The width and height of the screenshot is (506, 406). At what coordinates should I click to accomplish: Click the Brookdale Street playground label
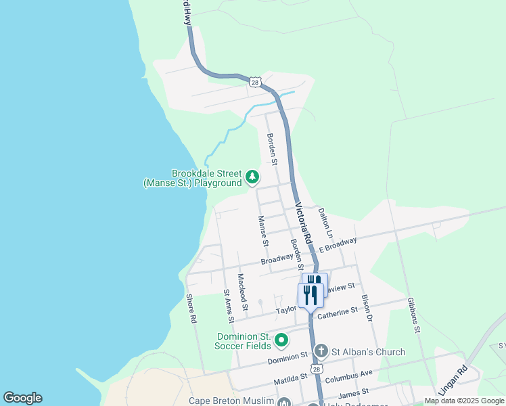[192, 178]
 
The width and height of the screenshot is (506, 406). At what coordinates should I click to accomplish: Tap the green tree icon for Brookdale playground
[252, 177]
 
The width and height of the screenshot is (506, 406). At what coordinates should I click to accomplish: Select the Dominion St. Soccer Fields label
[243, 341]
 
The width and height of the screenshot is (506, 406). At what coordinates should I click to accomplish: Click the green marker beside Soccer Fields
[281, 340]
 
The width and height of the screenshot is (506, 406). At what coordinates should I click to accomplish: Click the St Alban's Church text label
[368, 352]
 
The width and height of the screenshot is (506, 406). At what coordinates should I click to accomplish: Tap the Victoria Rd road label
[302, 224]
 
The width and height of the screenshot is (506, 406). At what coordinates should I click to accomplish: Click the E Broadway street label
[338, 245]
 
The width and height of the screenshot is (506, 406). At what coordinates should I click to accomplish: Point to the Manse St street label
[264, 231]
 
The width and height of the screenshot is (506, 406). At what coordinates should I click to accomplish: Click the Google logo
[22, 398]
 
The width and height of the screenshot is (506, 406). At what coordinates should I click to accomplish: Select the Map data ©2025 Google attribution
[463, 401]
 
